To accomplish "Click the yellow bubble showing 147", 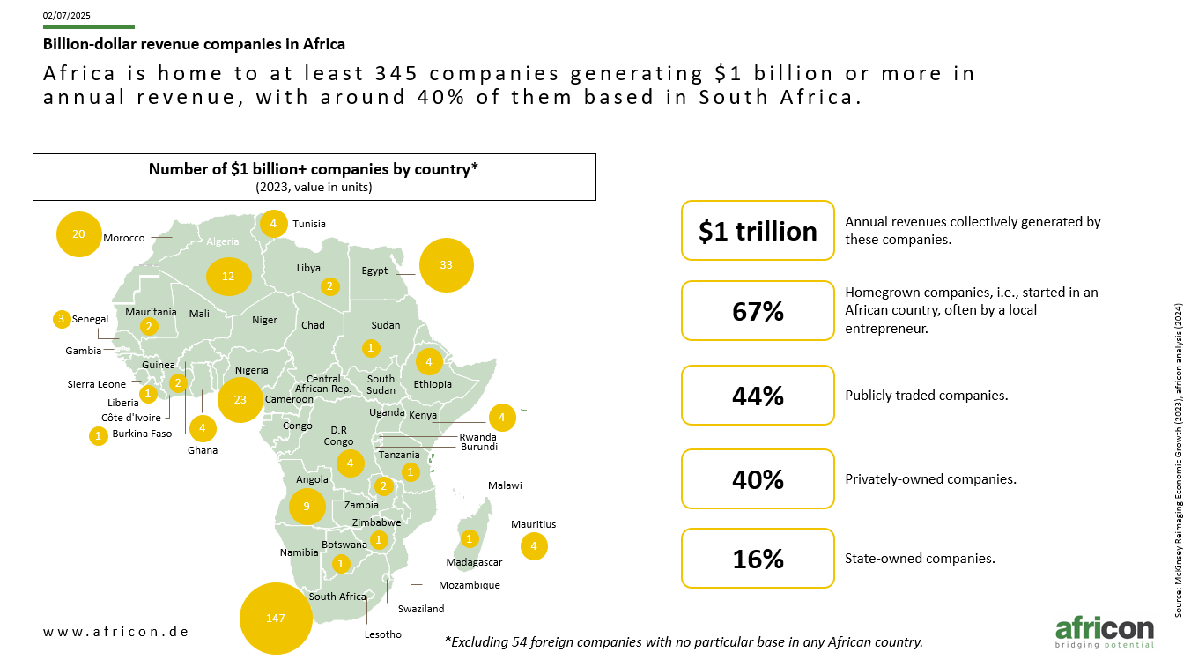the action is (276, 618).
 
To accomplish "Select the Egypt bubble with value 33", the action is (446, 265).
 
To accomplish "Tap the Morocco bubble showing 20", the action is (78, 234).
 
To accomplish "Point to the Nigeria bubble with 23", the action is (240, 399).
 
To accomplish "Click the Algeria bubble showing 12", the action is (228, 277).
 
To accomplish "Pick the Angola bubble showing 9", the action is (307, 507).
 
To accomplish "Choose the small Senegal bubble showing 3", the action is (62, 319).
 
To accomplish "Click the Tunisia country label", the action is (309, 224).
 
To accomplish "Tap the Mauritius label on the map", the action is (533, 524).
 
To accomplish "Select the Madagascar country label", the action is (474, 562).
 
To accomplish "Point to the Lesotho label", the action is (383, 634).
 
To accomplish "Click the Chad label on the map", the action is (313, 325).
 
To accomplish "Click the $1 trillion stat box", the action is (758, 231).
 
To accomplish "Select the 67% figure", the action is (758, 311).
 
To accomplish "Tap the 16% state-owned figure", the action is (758, 559).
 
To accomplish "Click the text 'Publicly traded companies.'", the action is (926, 396).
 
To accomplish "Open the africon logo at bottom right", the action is (1105, 633).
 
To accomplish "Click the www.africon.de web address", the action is (116, 632).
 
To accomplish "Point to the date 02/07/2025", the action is (66, 16).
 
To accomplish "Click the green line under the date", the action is (89, 26).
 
